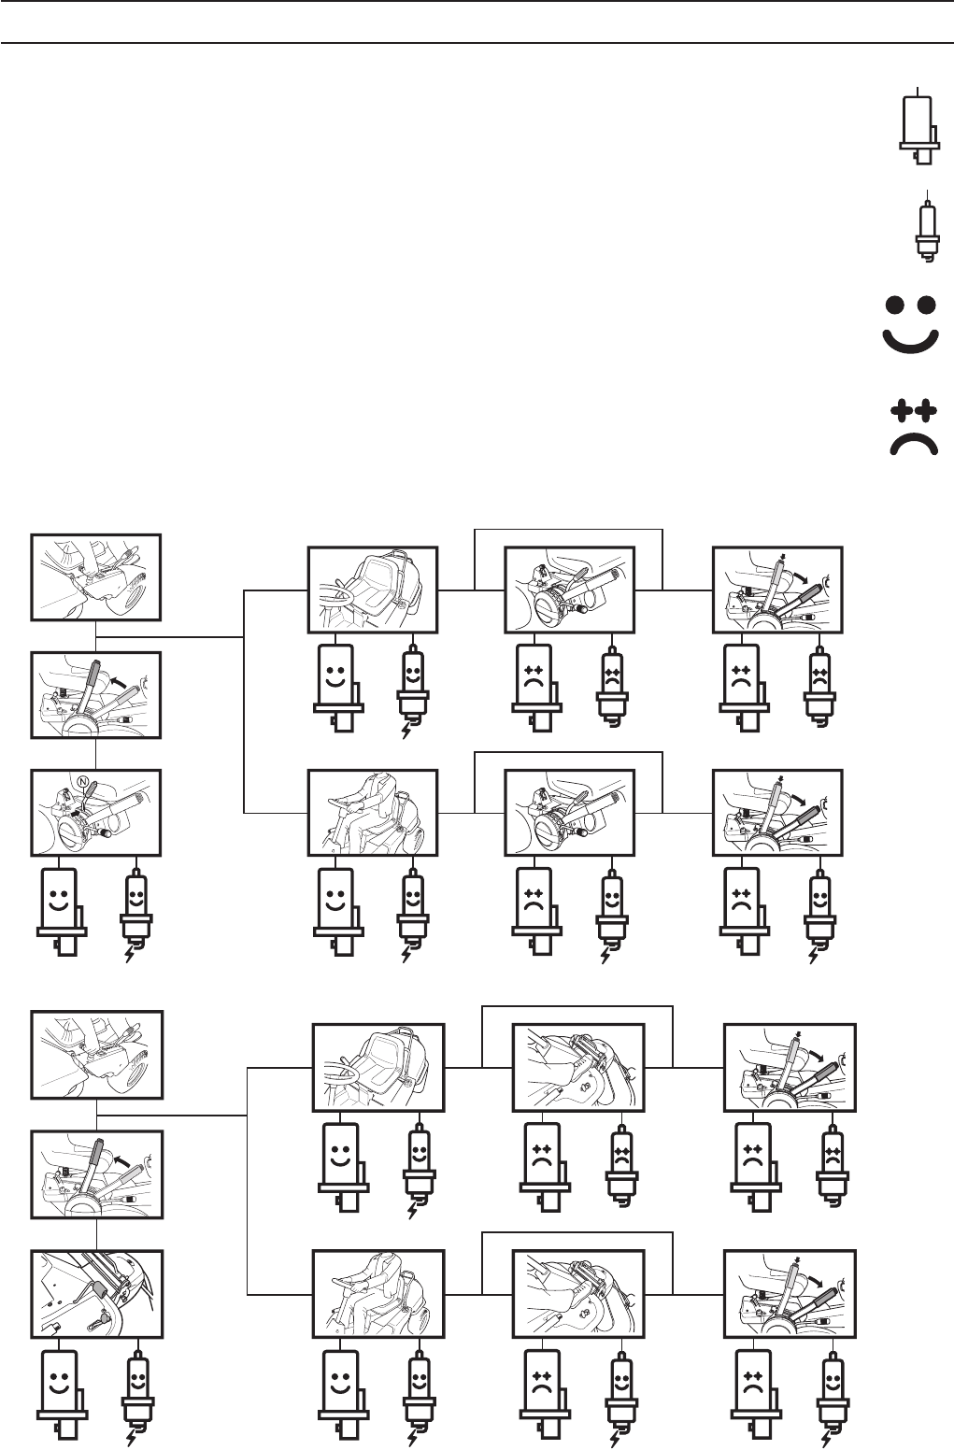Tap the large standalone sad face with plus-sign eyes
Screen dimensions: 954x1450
tap(911, 429)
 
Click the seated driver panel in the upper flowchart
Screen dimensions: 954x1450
tap(373, 813)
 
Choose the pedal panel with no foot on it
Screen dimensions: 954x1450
tap(96, 1292)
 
